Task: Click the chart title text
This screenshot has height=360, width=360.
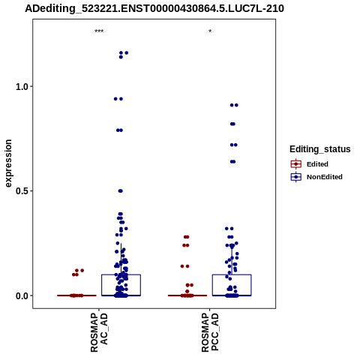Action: [154, 8]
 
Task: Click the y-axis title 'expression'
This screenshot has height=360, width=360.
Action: [8, 163]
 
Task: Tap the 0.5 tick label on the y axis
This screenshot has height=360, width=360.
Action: [21, 191]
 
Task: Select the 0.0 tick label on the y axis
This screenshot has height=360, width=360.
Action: [21, 295]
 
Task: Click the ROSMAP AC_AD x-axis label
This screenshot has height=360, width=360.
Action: [99, 332]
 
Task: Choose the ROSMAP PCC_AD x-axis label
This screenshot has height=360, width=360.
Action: [210, 332]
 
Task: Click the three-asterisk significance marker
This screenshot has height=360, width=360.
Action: [99, 31]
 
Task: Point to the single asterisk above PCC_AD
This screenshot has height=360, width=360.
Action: [210, 31]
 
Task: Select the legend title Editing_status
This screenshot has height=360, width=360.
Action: [320, 149]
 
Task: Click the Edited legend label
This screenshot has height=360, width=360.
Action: [317, 164]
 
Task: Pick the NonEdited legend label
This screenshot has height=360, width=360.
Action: [325, 177]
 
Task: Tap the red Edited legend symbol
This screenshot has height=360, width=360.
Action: [296, 164]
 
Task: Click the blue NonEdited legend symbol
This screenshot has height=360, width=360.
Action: [296, 177]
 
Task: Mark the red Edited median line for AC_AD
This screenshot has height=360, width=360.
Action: [76, 295]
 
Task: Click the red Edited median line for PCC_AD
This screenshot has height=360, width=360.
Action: [187, 295]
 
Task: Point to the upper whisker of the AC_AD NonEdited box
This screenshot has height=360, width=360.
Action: [121, 259]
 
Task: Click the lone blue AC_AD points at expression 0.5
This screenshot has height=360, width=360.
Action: [121, 191]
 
